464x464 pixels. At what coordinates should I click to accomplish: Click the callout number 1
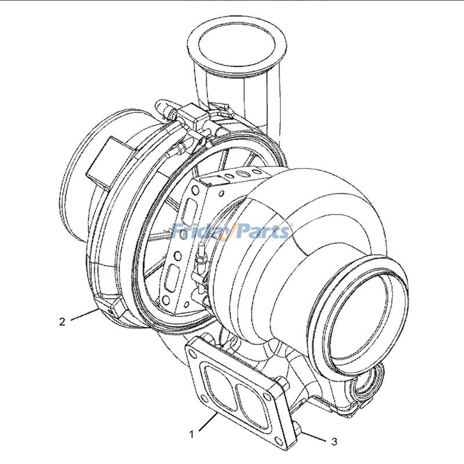tap(190, 433)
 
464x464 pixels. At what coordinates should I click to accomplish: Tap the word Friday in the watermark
tap(200, 232)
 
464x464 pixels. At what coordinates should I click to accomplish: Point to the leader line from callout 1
tap(205, 424)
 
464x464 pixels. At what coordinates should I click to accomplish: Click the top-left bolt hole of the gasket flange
tap(193, 350)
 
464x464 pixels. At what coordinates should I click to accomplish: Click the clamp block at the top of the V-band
tap(191, 119)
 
